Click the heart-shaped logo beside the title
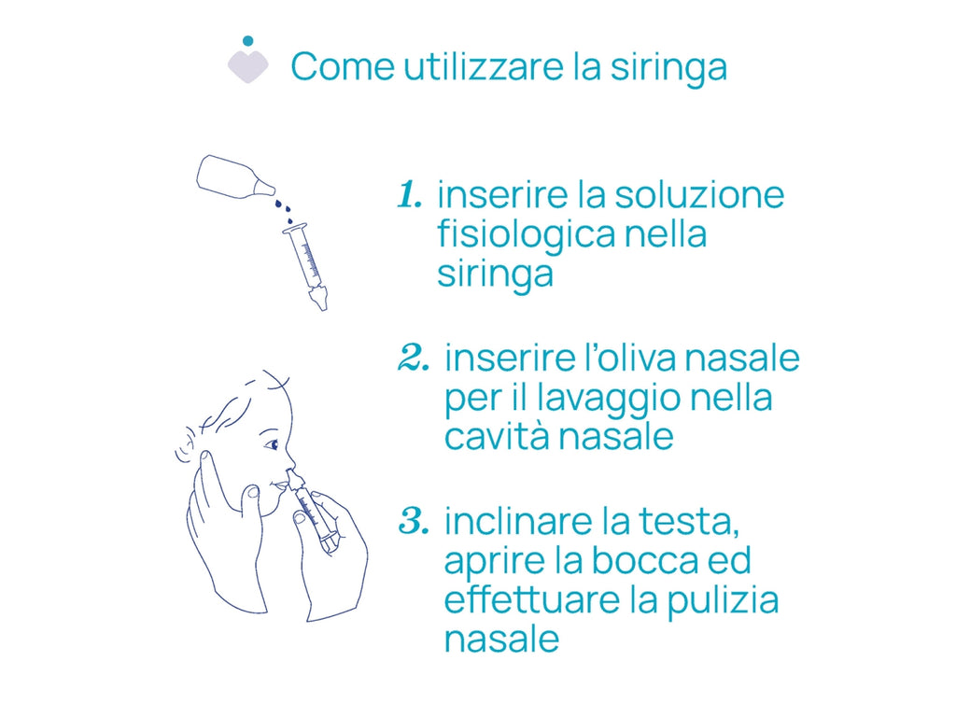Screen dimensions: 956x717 247,66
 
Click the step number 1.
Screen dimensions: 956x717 409,195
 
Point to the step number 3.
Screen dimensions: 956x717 414,521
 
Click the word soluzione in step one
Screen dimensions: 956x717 698,195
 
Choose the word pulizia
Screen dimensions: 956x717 722,601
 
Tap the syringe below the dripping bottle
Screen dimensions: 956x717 306,266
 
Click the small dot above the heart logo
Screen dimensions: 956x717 247,41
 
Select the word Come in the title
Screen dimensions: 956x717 343,67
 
